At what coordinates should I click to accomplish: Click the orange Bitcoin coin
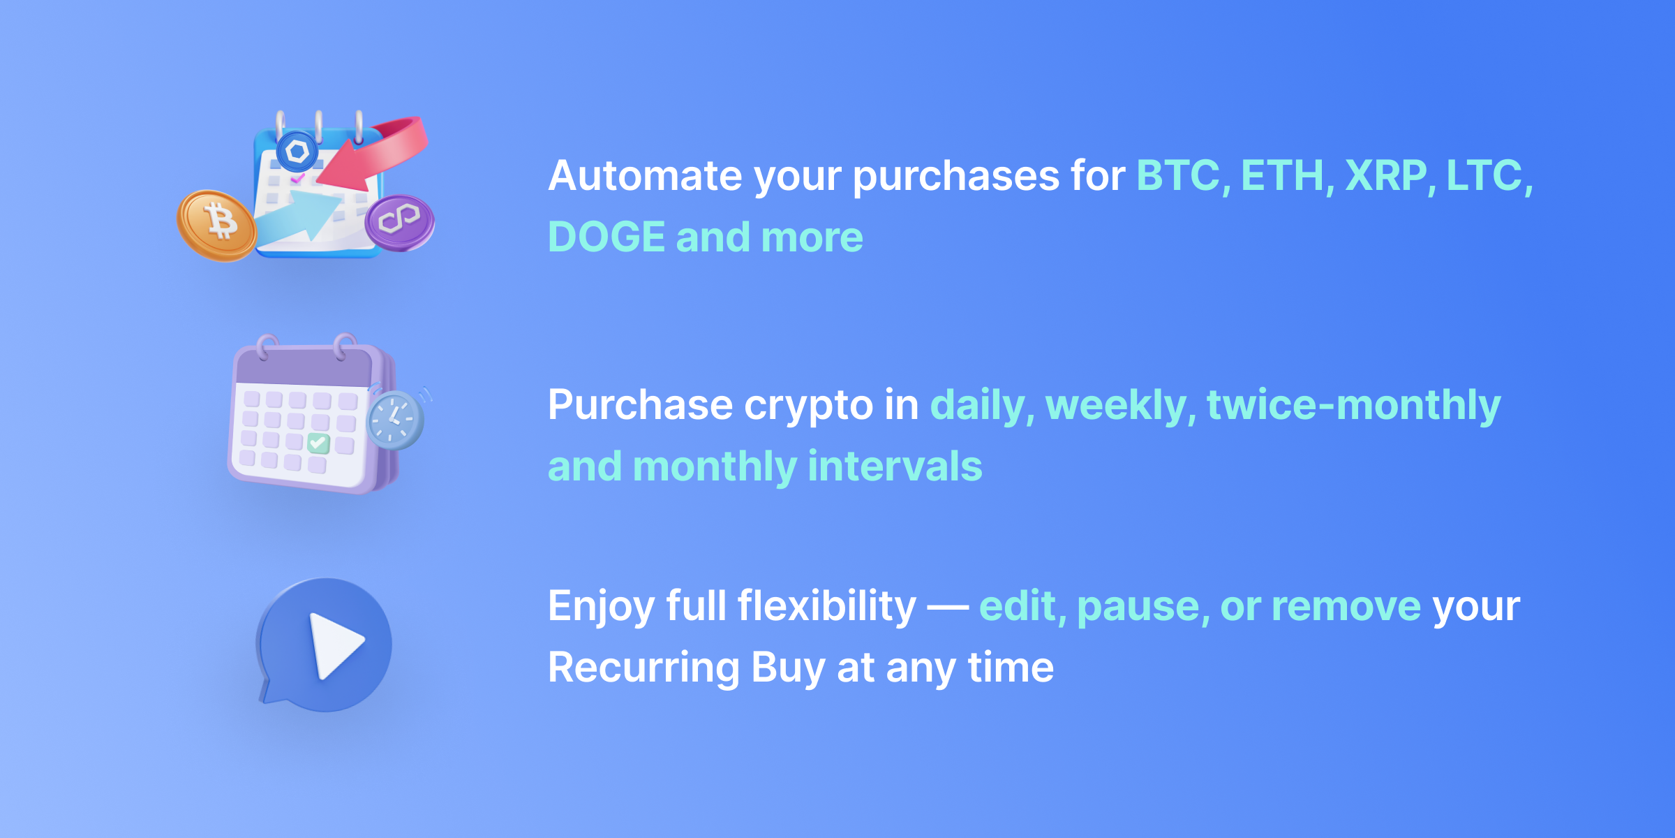[x=217, y=225]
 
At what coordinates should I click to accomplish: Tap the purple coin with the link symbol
[x=399, y=221]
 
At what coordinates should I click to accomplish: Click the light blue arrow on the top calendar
[x=300, y=216]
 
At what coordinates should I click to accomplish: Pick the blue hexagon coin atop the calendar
[x=297, y=151]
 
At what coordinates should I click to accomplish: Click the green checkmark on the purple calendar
[x=318, y=443]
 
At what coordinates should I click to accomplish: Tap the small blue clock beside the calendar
[x=395, y=420]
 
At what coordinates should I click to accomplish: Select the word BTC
[x=1179, y=175]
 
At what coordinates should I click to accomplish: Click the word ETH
[x=1283, y=175]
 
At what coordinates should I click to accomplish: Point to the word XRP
[x=1386, y=175]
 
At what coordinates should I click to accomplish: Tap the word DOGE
[x=606, y=237]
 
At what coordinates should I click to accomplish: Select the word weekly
[x=1116, y=406]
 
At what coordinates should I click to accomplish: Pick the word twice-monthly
[x=1353, y=406]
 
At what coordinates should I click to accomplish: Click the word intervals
[x=895, y=466]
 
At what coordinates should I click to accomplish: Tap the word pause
[x=1138, y=606]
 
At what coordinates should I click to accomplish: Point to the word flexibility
[x=826, y=606]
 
